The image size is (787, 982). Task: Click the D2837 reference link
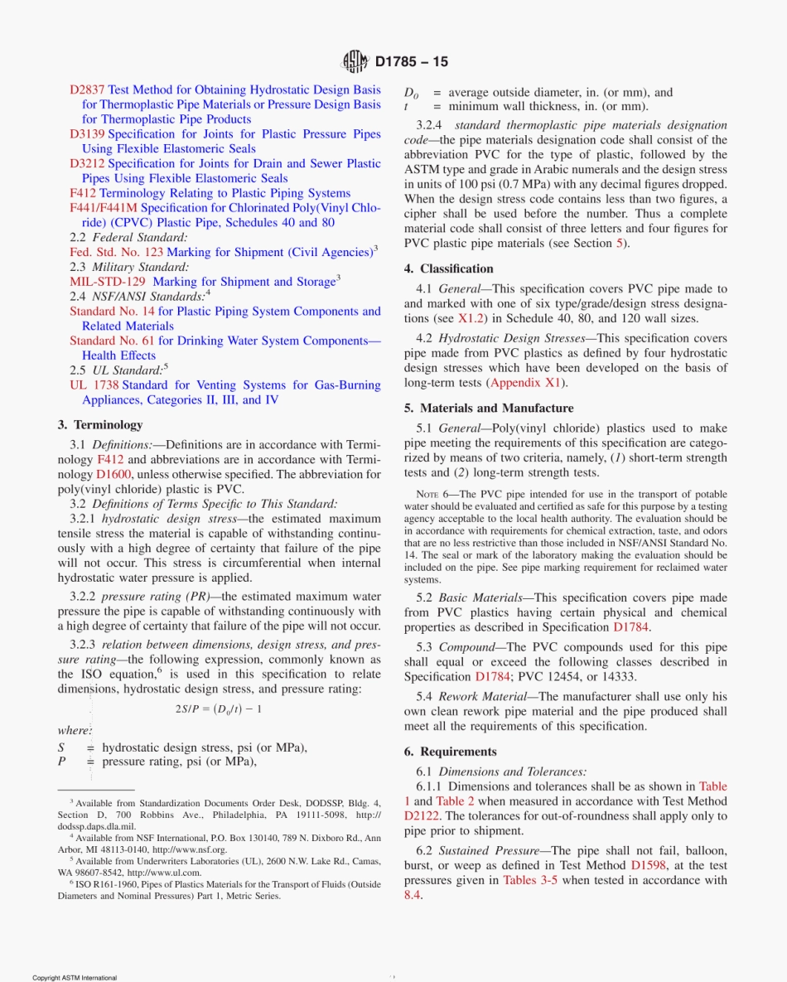pos(87,89)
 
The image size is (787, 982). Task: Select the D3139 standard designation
pos(87,133)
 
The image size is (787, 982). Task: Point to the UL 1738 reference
pos(94,385)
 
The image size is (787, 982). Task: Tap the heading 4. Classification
pos(448,268)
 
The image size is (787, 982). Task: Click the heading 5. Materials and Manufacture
pos(489,408)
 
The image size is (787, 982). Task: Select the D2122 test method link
pos(422,816)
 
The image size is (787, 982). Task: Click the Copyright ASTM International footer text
pos(75,978)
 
